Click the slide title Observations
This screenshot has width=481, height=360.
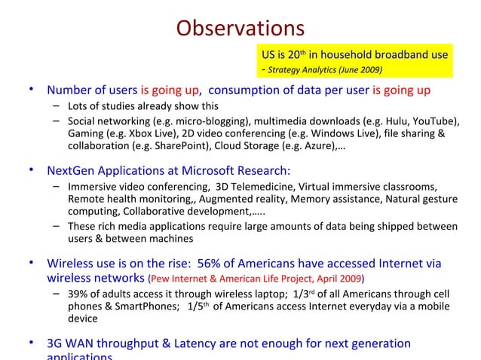[x=240, y=29]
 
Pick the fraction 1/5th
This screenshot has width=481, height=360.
[x=198, y=308]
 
